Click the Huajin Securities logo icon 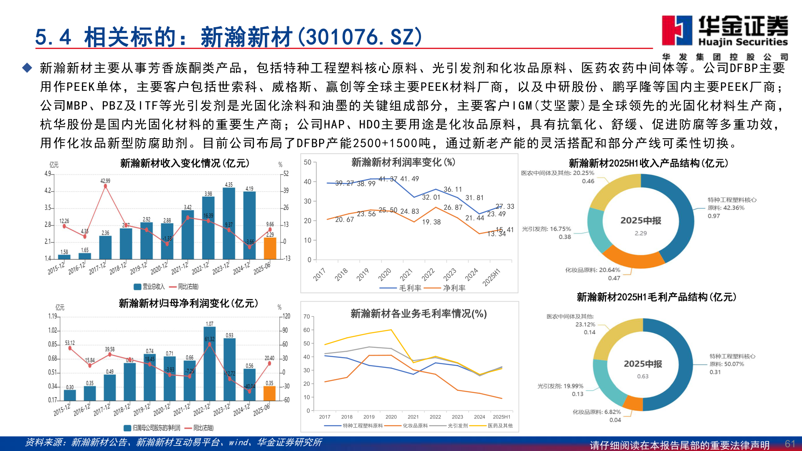tap(677, 30)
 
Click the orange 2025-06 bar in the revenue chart tap(270, 248)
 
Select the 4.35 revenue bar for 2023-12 tap(229, 223)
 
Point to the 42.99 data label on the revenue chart tap(105, 181)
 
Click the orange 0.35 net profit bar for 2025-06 tap(269, 393)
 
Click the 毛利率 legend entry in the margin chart tap(401, 288)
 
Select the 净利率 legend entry tap(445, 288)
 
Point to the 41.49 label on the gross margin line tap(409, 179)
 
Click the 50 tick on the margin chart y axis tap(307, 162)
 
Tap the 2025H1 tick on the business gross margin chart tap(501, 417)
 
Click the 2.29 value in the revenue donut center tap(640, 233)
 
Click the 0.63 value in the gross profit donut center tap(642, 376)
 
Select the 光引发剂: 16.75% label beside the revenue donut tap(546, 229)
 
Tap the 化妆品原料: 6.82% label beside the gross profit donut tap(596, 412)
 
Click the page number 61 tap(789, 443)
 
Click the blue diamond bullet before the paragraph tap(27, 68)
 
